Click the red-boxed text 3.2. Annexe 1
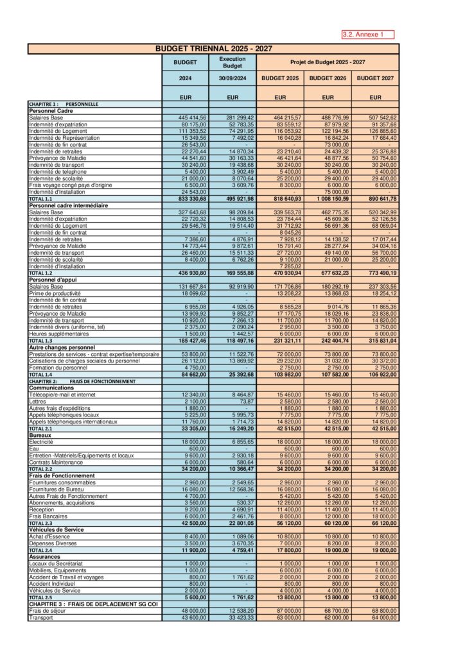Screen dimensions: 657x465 click(x=367, y=35)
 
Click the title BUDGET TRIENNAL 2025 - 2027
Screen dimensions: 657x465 click(x=213, y=48)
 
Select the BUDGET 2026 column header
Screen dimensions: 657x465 click(x=328, y=78)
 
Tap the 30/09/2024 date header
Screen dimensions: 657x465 click(x=232, y=78)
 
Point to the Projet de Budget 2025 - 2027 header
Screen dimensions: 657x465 click(x=328, y=62)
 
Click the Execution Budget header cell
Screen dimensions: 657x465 click(x=232, y=62)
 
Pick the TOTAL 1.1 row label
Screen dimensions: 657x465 click(x=40, y=200)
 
